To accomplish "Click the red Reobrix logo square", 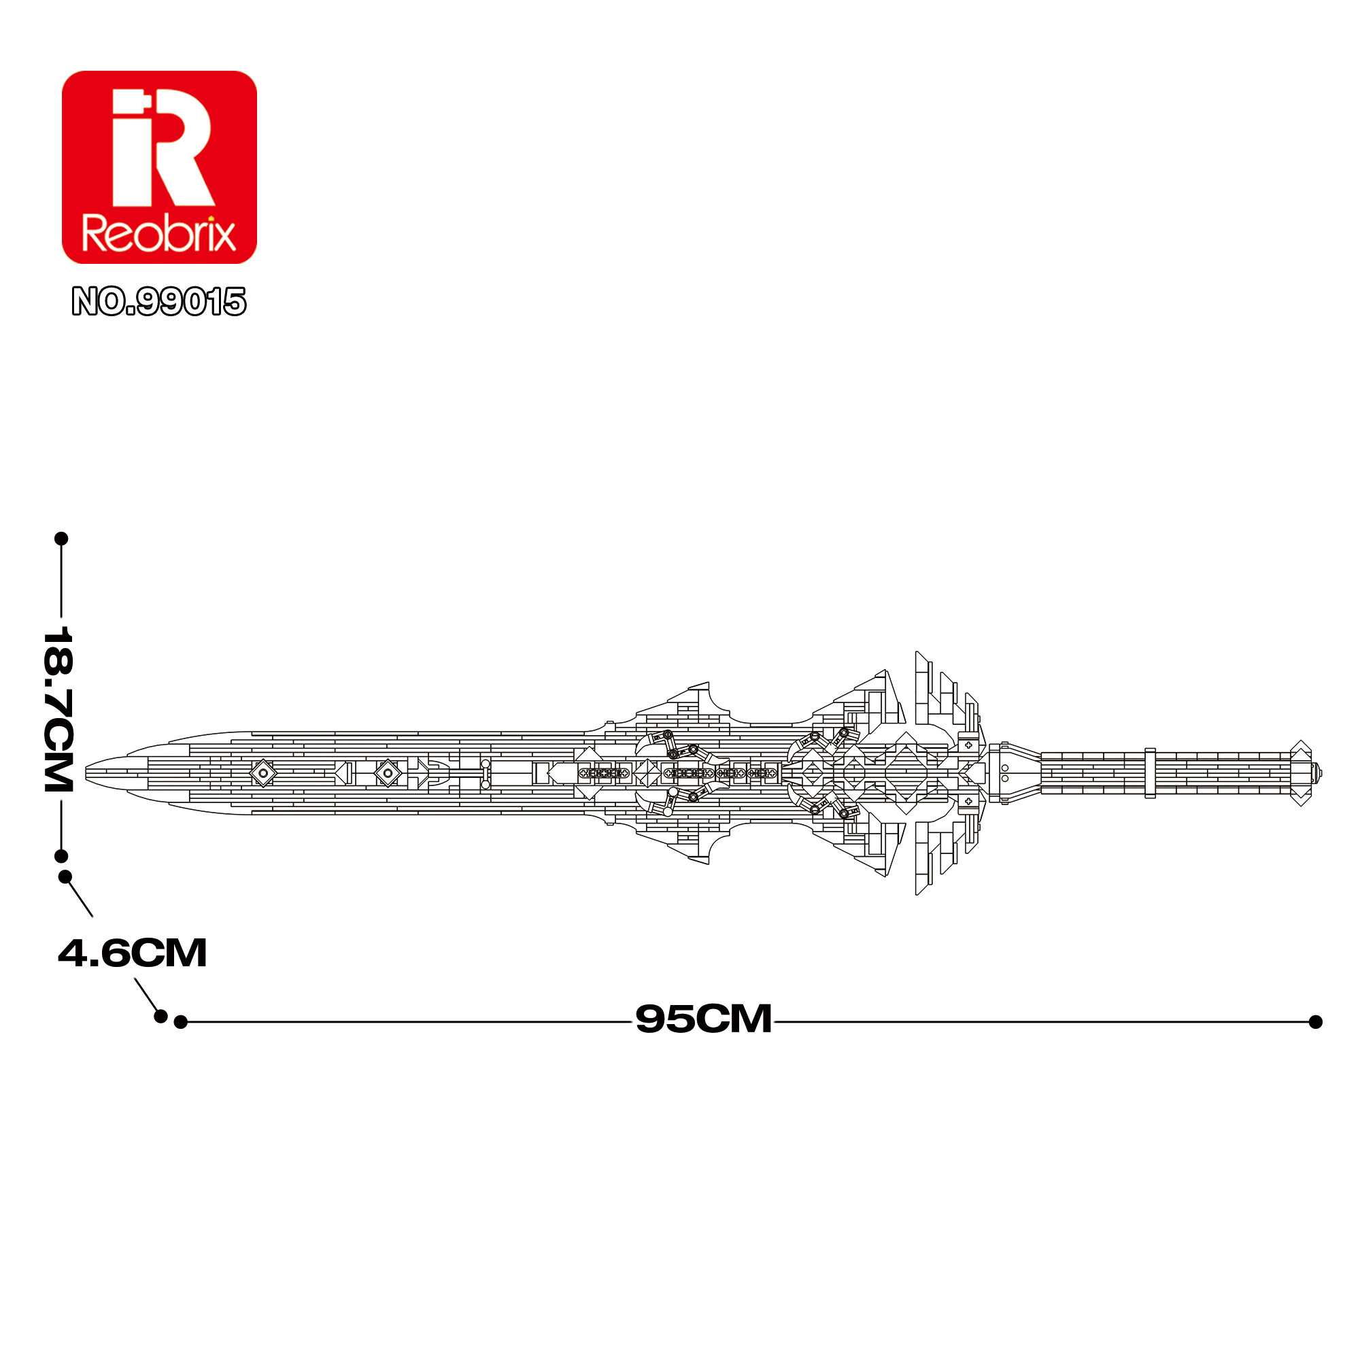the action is pos(159,167).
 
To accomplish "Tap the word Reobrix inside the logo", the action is pos(159,234).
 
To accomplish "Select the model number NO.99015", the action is pos(159,301).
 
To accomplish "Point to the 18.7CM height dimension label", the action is pos(58,708).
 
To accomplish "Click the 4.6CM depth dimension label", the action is pos(133,953).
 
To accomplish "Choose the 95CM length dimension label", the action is pos(703,1019).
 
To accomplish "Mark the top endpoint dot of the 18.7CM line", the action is pos(61,539).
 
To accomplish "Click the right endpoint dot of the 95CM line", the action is pos(1316,1022).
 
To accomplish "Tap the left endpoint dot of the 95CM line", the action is pos(180,1022).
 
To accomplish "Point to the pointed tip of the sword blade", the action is pos(86,773).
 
